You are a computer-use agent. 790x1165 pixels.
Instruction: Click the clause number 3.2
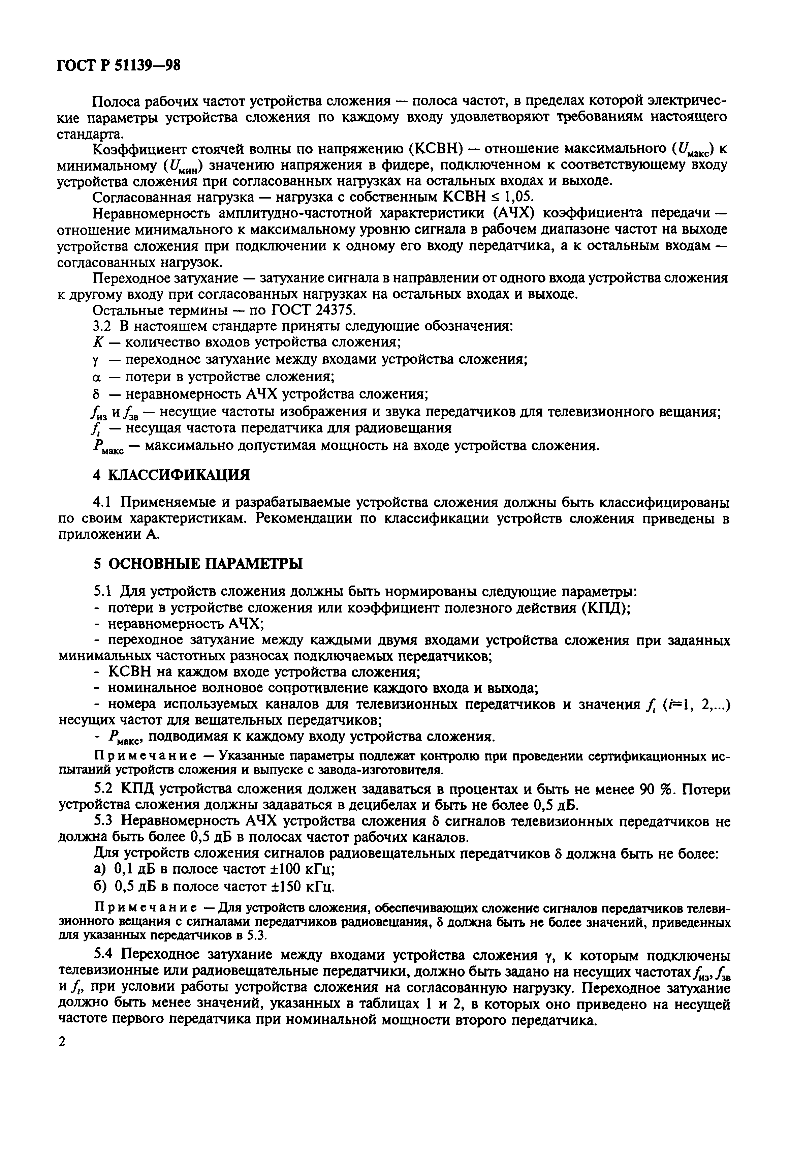(104, 326)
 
